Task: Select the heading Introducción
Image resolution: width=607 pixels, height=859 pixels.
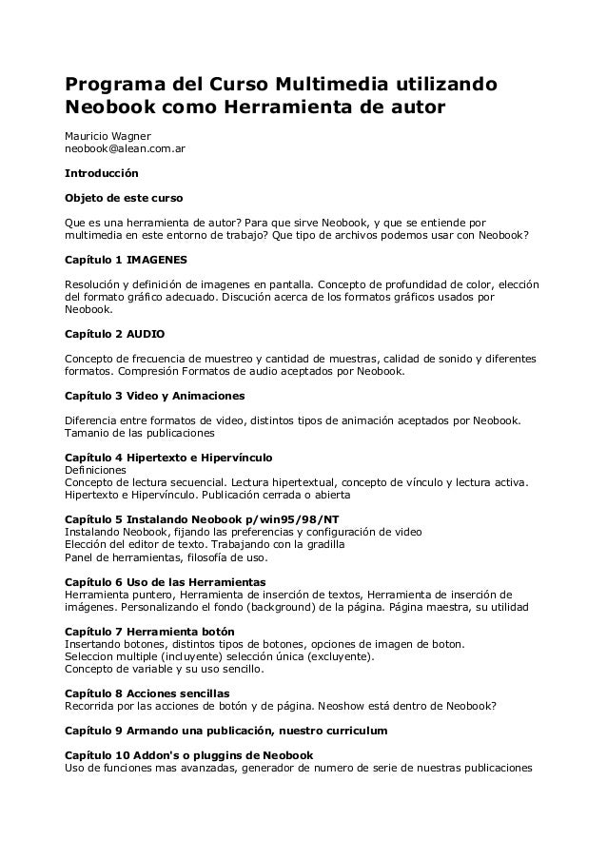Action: click(100, 174)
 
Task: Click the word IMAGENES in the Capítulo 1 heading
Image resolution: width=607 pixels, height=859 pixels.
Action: click(157, 259)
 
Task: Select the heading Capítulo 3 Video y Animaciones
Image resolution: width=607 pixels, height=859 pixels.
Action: click(154, 395)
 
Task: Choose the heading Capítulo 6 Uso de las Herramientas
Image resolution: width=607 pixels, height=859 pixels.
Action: click(165, 581)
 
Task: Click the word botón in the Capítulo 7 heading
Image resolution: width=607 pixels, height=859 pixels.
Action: click(213, 632)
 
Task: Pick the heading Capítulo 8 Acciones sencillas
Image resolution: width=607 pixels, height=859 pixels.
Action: click(147, 693)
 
